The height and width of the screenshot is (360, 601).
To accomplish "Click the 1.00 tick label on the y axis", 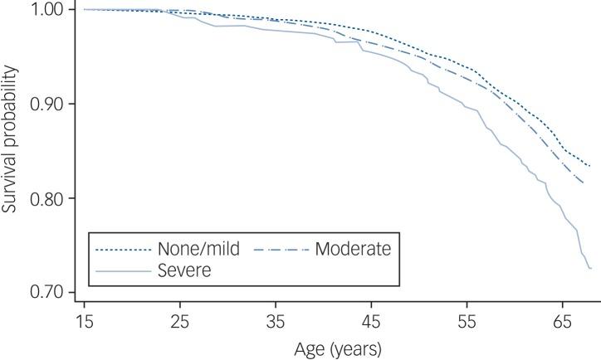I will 47,9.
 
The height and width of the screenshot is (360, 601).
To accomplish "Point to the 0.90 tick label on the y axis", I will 47,104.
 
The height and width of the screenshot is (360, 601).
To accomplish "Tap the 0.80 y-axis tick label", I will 47,198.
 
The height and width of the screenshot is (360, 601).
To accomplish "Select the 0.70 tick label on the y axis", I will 47,292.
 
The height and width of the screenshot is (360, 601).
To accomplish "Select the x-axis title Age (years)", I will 338,348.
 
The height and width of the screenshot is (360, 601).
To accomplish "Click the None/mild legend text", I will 193,248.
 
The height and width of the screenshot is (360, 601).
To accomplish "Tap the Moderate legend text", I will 353,248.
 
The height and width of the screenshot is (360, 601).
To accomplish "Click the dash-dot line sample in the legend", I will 280,249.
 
